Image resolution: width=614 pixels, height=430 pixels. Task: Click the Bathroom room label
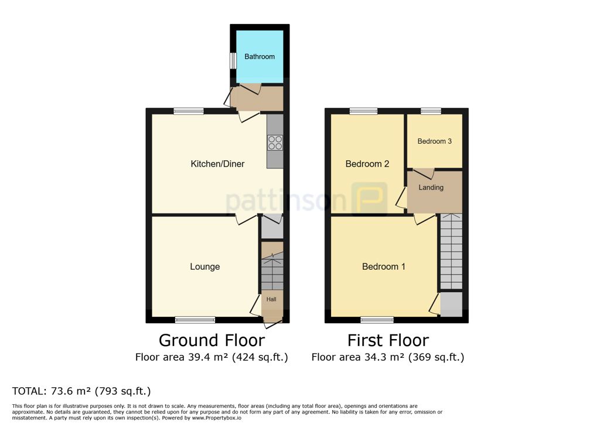coord(259,56)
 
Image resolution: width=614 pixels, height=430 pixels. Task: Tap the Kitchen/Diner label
coord(217,164)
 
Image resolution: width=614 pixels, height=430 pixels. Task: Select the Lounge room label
coord(205,266)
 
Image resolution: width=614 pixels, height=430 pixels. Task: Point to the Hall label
coord(271,299)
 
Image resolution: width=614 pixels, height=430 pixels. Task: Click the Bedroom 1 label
coord(383,266)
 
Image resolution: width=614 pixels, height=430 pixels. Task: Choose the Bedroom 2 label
coord(367,164)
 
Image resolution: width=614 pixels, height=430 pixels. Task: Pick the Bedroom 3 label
coord(434,141)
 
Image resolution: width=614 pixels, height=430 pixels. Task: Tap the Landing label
coord(431,187)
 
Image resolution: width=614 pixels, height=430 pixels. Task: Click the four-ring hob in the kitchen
coord(275,143)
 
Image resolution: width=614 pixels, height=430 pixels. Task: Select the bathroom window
coord(233,61)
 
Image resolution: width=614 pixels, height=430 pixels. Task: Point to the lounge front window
coord(195,320)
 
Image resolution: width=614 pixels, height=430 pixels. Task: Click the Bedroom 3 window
coord(431,111)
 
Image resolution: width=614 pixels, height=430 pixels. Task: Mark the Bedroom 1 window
coord(377,320)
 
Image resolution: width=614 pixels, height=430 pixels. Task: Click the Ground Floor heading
coord(212,340)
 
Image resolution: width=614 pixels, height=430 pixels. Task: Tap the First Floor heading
coord(388,340)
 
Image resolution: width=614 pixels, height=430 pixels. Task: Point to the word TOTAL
coord(29,391)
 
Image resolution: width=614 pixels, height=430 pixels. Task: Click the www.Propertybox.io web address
coord(217,418)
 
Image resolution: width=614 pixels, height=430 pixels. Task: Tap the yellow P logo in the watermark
coord(369,199)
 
